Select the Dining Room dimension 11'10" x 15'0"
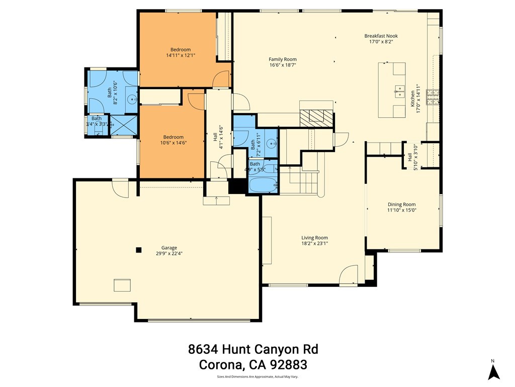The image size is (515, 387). click(402, 210)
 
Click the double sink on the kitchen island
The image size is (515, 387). click(399, 91)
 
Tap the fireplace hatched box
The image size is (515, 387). click(316, 117)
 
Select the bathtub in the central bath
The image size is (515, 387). click(263, 185)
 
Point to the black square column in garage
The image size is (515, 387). click(139, 249)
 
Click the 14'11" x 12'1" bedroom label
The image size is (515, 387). click(181, 52)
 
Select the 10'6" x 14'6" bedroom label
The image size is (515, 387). click(173, 140)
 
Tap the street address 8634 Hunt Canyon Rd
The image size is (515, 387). click(253, 349)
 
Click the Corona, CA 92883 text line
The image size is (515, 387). click(253, 364)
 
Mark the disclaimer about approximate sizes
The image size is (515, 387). click(257, 376)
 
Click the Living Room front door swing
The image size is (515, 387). click(348, 275)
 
